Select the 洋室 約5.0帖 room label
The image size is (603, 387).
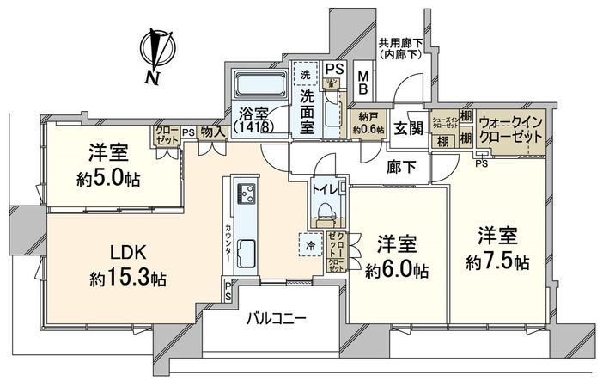107,166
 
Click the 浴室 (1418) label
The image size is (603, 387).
251,118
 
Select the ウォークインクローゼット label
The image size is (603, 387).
510,129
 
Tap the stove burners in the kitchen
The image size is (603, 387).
241,194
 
